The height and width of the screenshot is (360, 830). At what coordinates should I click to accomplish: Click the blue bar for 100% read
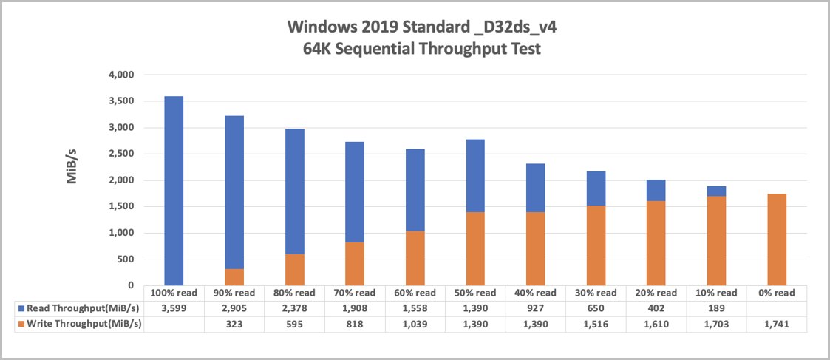pos(174,191)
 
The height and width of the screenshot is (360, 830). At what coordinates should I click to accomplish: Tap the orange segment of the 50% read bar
pos(475,248)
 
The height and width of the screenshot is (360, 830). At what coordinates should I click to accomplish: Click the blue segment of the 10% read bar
pos(716,191)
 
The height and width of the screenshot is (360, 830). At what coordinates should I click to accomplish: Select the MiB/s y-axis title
pos(72,167)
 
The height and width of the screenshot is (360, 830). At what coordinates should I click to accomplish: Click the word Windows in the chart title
pos(324,27)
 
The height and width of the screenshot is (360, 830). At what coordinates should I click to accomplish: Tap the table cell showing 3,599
pos(174,308)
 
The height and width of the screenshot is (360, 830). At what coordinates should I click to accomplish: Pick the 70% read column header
pos(355,293)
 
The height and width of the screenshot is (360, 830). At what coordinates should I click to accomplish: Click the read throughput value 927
pos(536,308)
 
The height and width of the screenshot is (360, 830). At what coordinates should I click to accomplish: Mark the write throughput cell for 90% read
pos(234,323)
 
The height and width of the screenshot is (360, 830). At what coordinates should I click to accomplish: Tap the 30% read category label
pos(596,293)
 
